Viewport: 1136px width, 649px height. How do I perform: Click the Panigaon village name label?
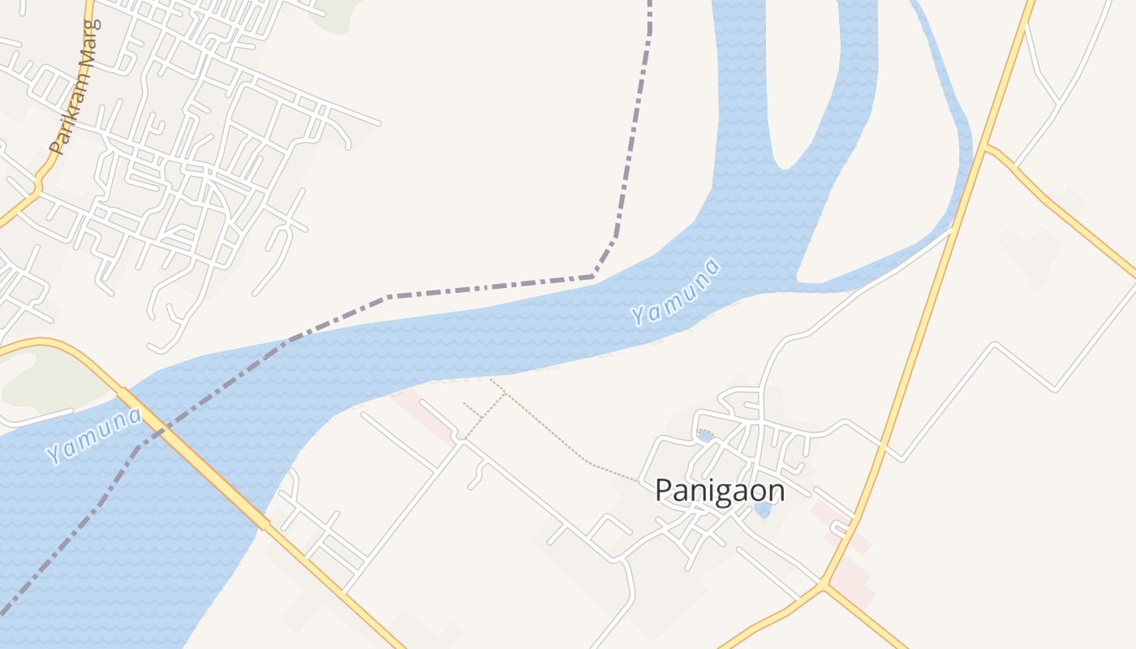coord(720,491)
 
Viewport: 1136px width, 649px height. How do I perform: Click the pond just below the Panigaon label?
coord(762,509)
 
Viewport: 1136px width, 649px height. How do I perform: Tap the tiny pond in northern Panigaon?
coord(705,436)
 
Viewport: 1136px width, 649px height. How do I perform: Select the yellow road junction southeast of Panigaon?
coord(824,584)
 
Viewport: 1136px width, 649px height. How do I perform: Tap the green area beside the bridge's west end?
coord(49,381)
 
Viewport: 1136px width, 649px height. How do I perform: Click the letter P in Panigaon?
coord(663,491)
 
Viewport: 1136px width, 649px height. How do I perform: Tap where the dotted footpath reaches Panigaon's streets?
coord(641,481)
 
